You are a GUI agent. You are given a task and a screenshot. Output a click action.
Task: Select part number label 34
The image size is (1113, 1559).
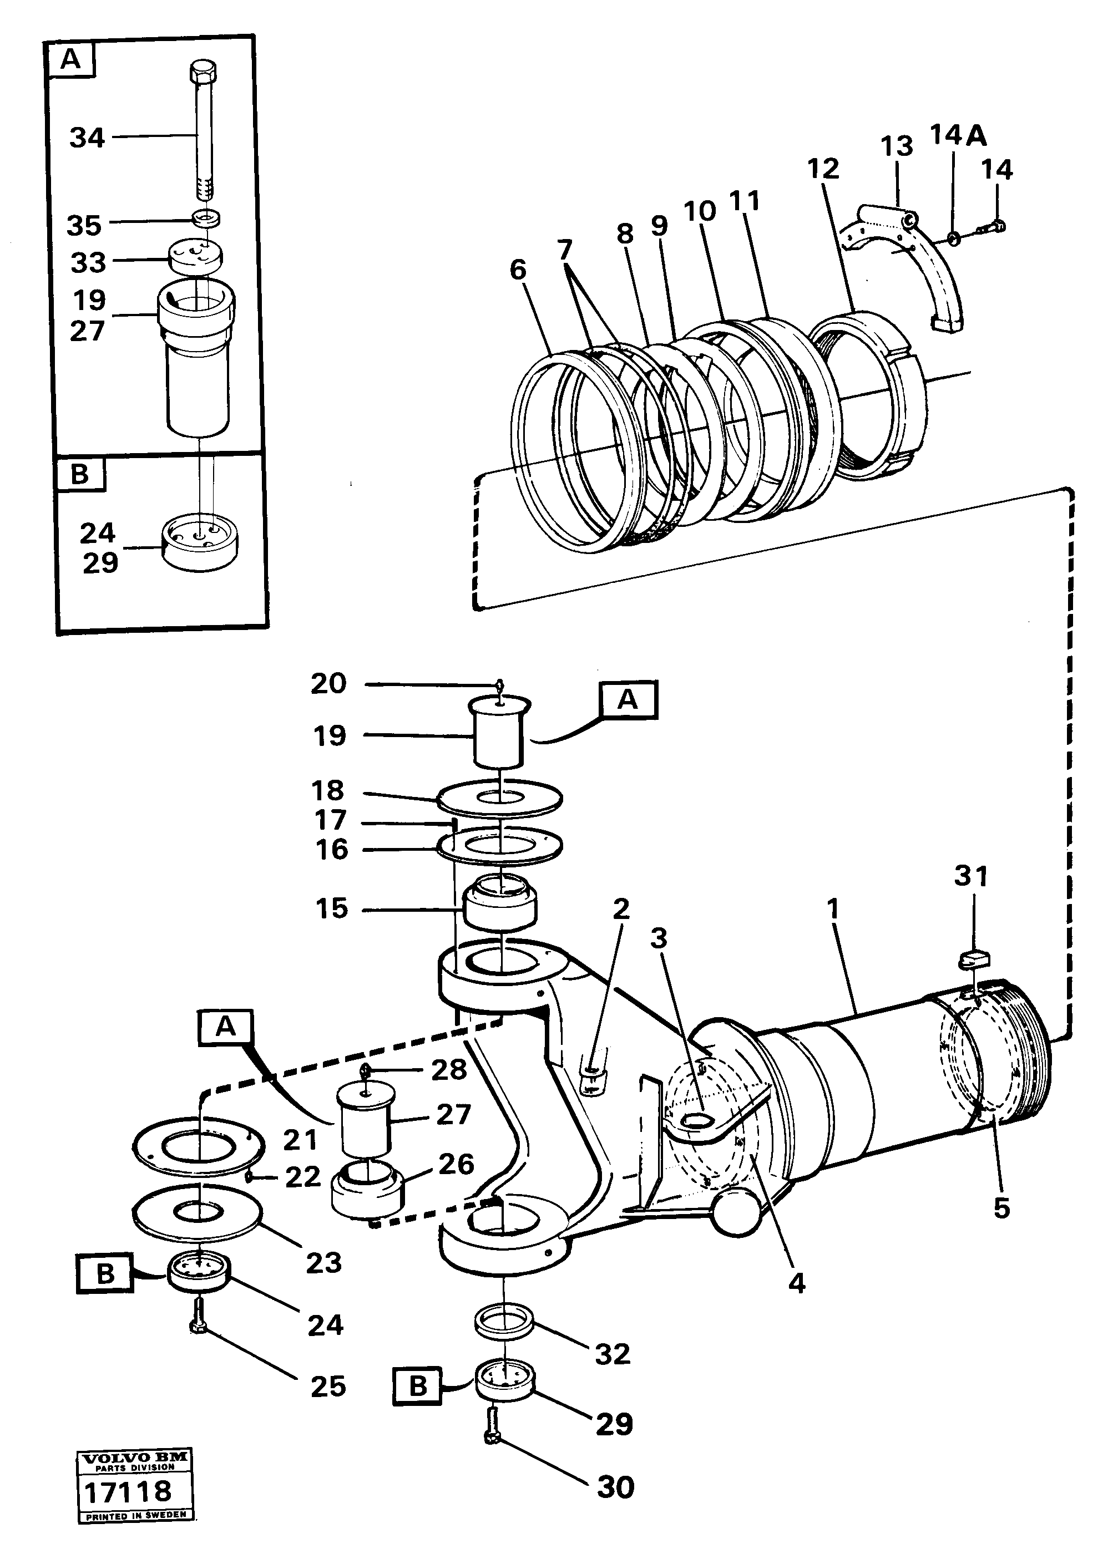pos(87,138)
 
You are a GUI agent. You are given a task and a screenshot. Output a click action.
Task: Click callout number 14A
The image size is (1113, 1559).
pos(958,136)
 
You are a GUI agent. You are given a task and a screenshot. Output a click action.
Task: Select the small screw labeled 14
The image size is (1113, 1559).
pos(991,226)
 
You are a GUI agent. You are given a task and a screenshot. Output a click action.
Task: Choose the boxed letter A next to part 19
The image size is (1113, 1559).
pos(628,700)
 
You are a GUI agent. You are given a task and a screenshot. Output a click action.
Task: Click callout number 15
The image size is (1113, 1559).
pos(332,909)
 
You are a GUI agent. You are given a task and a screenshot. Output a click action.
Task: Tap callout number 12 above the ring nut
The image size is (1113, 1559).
pos(823,168)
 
